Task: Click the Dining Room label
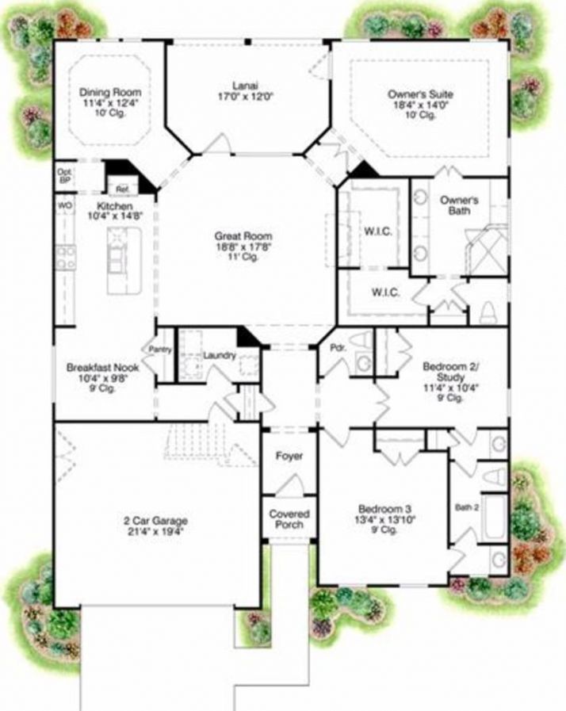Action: pyautogui.click(x=107, y=93)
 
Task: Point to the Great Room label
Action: pyautogui.click(x=243, y=236)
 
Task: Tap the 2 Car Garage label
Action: pyautogui.click(x=155, y=521)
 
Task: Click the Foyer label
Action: pyautogui.click(x=289, y=457)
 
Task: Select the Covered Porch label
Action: pyautogui.click(x=289, y=519)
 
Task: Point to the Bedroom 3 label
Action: pyautogui.click(x=384, y=509)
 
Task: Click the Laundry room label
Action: pyautogui.click(x=219, y=356)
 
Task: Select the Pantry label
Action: pyautogui.click(x=162, y=349)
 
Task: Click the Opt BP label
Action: pyautogui.click(x=64, y=175)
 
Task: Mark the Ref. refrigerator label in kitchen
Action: pyautogui.click(x=122, y=189)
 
